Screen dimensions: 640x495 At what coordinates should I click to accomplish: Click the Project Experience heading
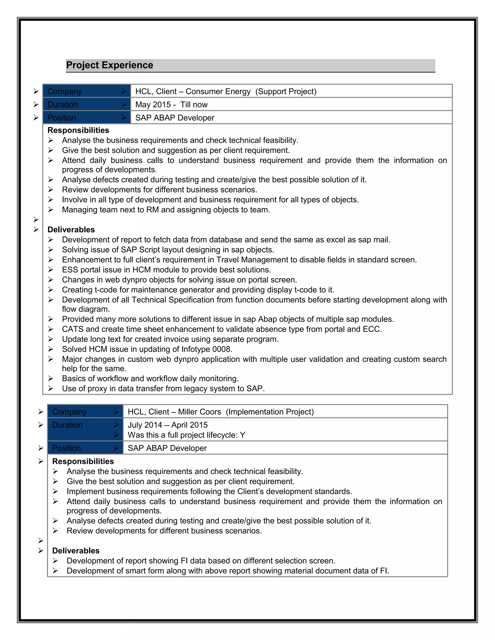109,65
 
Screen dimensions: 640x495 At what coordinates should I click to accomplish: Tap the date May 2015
153,105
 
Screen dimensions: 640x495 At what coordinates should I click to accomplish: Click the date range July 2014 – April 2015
167,425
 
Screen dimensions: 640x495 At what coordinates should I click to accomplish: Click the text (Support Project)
286,92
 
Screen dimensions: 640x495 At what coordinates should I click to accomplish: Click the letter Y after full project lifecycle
242,435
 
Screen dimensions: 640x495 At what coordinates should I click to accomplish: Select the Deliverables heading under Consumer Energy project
71,229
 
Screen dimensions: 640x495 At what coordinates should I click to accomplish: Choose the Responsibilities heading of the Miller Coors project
83,461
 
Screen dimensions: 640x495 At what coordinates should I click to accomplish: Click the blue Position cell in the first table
87,118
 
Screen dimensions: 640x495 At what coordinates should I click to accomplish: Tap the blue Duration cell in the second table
85,429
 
